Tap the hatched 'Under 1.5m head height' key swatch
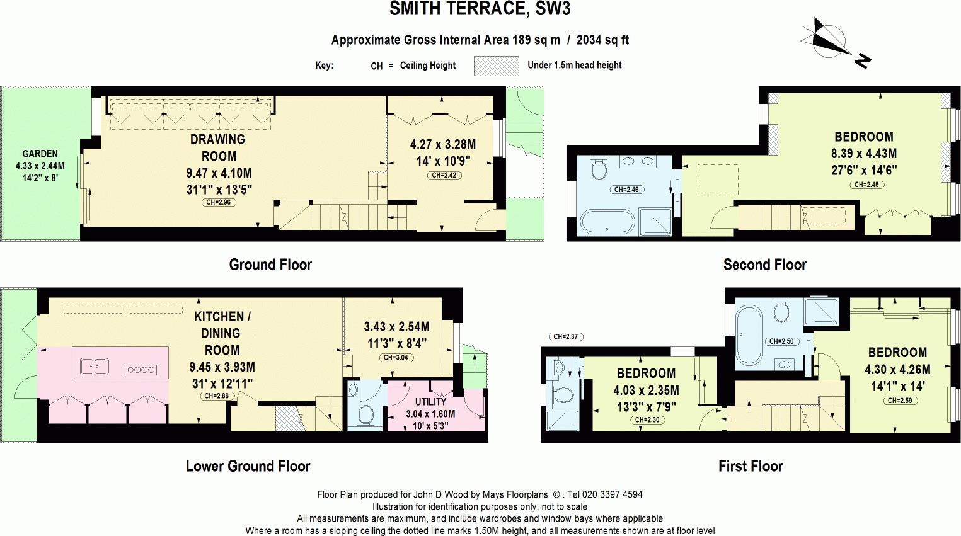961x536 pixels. (497, 66)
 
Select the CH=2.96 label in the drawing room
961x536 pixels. (219, 202)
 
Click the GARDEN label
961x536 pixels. (40, 154)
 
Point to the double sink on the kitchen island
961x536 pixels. (95, 367)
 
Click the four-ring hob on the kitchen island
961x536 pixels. (141, 370)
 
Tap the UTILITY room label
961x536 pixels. (430, 402)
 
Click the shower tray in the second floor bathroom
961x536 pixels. (655, 222)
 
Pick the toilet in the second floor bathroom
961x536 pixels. (598, 168)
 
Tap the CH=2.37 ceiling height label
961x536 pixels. (566, 336)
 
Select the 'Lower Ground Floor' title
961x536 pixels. (248, 466)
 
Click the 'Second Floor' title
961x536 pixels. (765, 265)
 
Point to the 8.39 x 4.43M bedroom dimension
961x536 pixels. (864, 154)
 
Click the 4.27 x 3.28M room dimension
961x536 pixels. (443, 144)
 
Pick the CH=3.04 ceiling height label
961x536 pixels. (396, 358)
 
